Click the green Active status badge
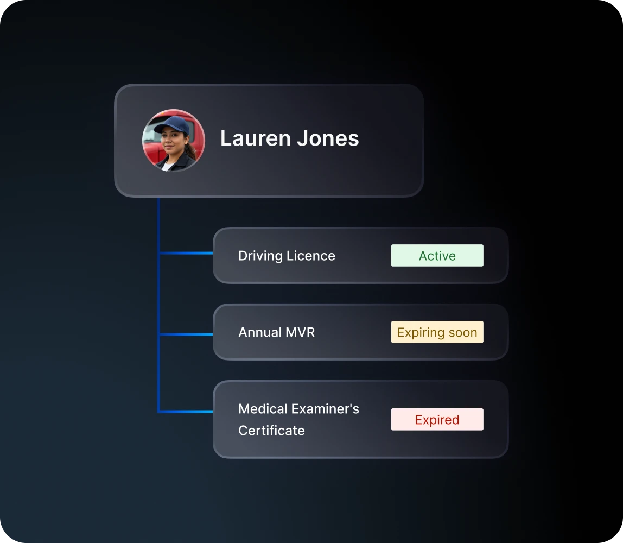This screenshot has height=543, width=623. click(x=437, y=255)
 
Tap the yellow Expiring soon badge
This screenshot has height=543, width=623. click(x=437, y=332)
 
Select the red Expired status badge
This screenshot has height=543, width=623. click(x=437, y=419)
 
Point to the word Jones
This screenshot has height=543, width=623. click(x=328, y=138)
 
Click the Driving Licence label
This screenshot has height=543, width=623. click(x=287, y=256)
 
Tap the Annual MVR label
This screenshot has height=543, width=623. click(x=277, y=332)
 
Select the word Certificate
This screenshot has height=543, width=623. click(x=271, y=431)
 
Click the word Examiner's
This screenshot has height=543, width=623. click(x=326, y=409)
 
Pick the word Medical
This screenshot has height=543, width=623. click(x=263, y=409)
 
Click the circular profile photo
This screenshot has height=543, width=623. click(x=174, y=140)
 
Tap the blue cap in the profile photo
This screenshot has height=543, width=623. click(x=173, y=125)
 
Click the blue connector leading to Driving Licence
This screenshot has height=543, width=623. click(x=186, y=253)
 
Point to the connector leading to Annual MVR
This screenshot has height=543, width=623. click(x=186, y=334)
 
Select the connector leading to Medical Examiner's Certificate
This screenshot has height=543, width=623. click(x=186, y=412)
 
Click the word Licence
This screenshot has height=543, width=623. click(x=311, y=256)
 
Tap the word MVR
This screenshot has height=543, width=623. click(x=300, y=332)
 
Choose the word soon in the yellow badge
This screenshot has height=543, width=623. click(x=462, y=333)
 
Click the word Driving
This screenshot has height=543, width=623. click(x=260, y=256)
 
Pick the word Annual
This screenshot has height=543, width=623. click(x=260, y=332)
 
